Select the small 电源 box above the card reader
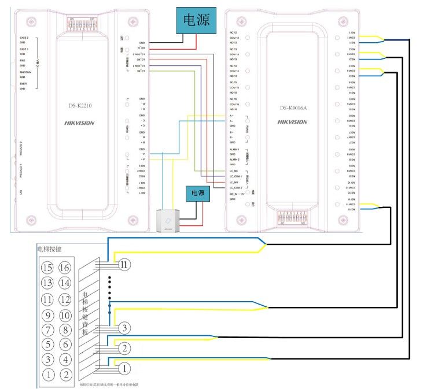click(197, 194)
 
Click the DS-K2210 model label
click(79, 105)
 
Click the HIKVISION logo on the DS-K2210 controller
click(79, 123)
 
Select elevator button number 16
click(65, 268)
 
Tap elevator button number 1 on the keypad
click(49, 374)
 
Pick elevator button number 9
click(49, 315)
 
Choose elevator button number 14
click(65, 283)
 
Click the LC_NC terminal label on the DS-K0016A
click(234, 172)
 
